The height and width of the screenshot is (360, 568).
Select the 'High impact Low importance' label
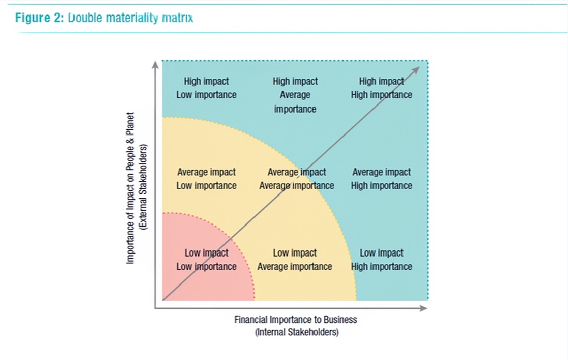pos(206,88)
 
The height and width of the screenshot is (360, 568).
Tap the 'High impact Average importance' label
pos(295,95)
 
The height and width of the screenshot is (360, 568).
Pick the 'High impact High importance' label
pos(382,88)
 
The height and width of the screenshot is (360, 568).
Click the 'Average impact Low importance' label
pos(206,179)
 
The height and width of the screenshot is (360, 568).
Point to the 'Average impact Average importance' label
pos(297,179)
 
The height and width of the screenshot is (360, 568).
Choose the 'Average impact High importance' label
pos(382,179)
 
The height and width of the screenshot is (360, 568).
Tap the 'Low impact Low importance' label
pos(206,259)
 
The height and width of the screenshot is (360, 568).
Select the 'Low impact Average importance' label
pos(295,259)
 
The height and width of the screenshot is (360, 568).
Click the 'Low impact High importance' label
pos(382,259)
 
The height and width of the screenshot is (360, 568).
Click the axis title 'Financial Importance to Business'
pos(295,319)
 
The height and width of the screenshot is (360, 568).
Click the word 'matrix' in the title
pos(177,18)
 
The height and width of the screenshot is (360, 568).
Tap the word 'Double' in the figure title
pos(84,18)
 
